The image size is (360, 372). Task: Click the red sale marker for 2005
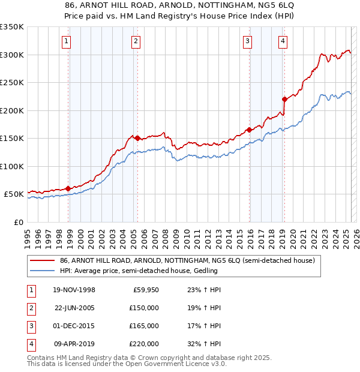[137, 138]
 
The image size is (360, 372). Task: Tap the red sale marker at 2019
[284, 99]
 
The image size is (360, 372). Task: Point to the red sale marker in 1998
[68, 188]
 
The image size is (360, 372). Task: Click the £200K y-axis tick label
[12, 110]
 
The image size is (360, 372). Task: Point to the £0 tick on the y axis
[19, 222]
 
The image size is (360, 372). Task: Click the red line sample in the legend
[43, 261]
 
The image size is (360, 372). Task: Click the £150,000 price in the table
[145, 308]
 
